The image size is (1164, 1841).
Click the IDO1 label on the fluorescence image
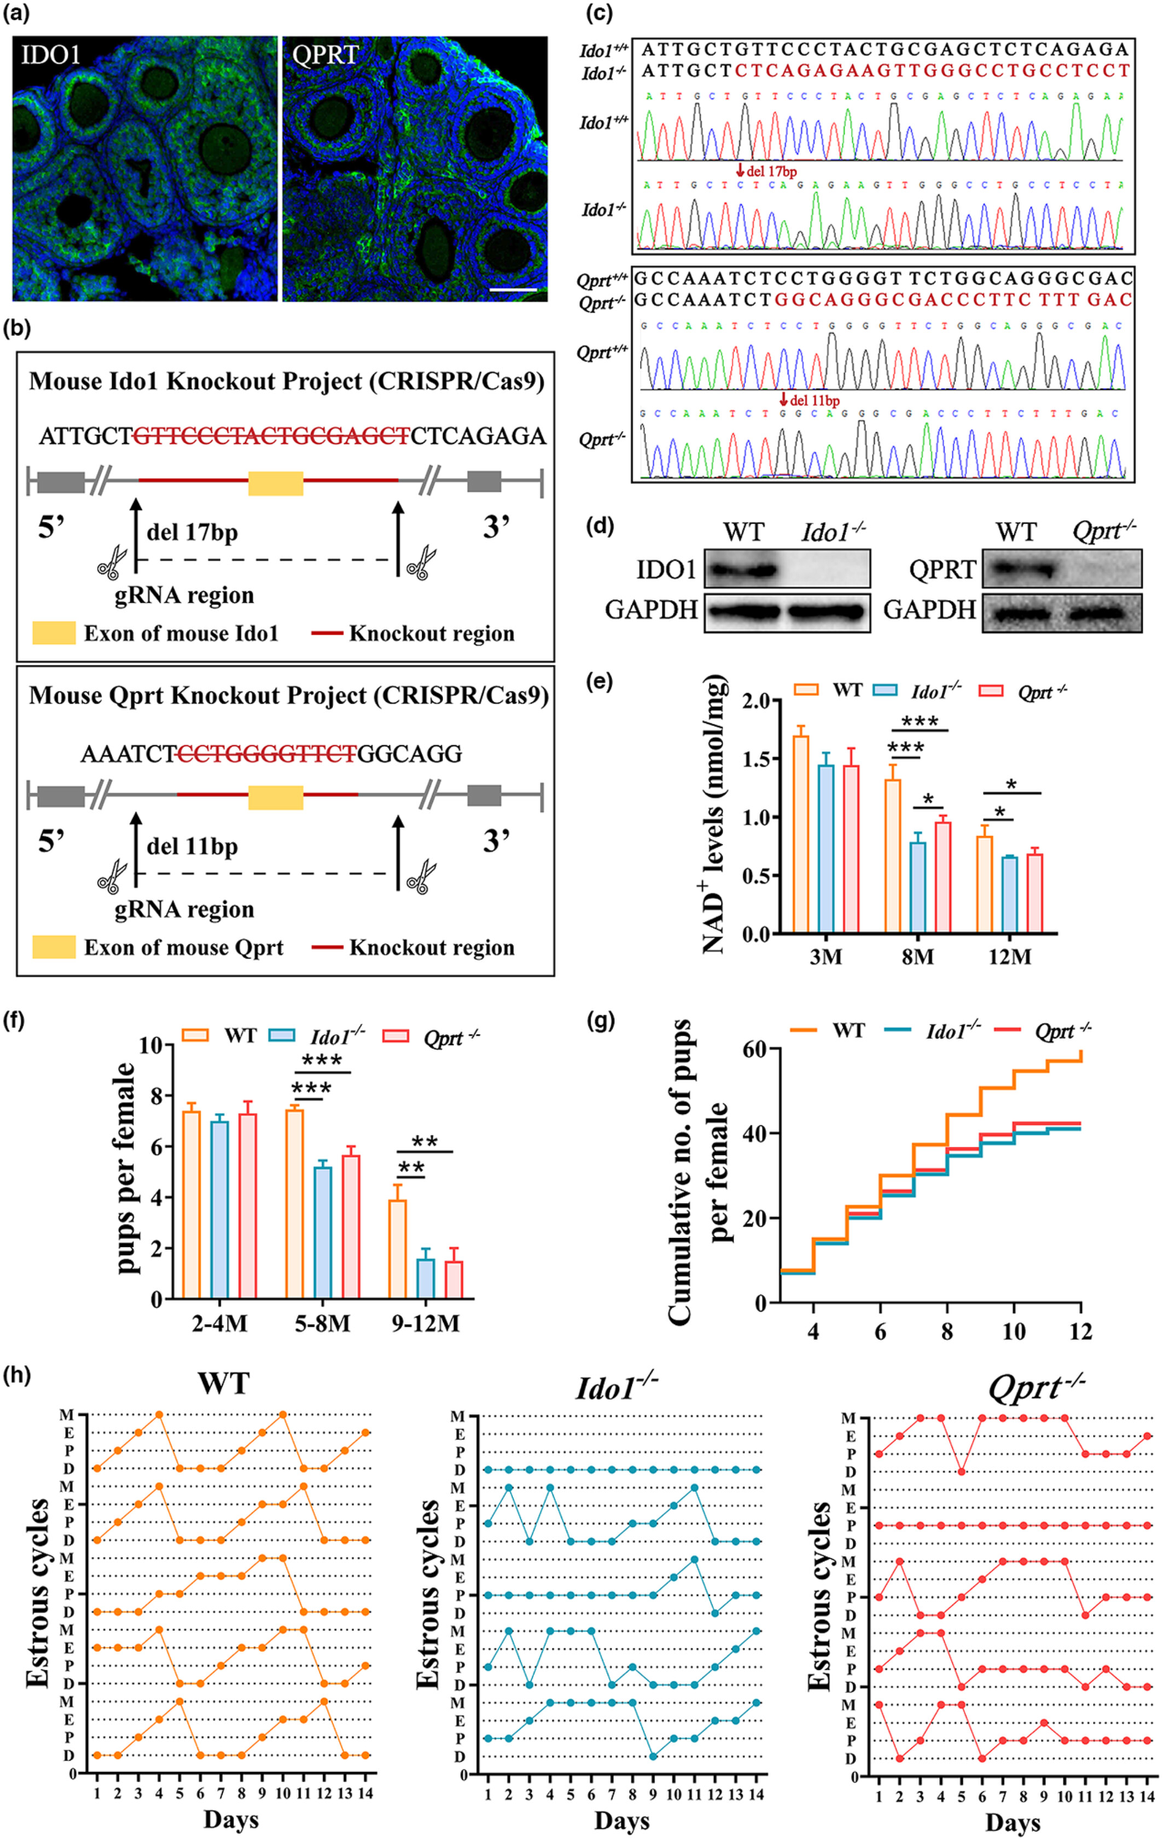(x=51, y=55)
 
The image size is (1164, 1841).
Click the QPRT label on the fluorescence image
(x=326, y=55)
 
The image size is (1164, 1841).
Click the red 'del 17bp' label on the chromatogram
(x=769, y=171)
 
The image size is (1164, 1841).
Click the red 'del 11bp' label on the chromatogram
(x=812, y=400)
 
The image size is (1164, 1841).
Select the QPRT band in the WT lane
(x=1018, y=570)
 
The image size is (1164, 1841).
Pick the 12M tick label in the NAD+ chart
(x=1009, y=957)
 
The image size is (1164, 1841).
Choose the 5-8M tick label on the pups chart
(x=322, y=1323)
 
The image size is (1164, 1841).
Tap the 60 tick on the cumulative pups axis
(x=754, y=1049)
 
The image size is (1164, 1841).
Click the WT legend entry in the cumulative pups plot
(x=828, y=1031)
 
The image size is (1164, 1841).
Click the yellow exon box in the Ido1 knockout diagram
(x=276, y=483)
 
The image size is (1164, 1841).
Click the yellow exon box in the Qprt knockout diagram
(x=276, y=797)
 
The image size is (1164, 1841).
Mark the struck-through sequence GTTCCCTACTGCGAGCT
(x=272, y=437)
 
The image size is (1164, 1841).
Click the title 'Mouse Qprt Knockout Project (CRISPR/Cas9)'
(x=288, y=696)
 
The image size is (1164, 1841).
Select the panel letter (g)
(x=601, y=1020)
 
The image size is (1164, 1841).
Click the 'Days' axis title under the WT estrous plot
(x=231, y=1818)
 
